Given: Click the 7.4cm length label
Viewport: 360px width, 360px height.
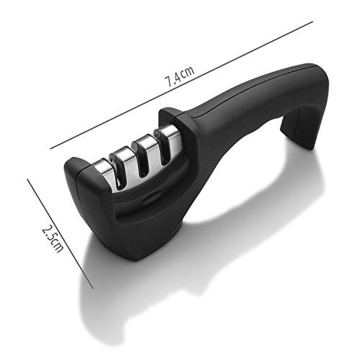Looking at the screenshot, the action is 179,76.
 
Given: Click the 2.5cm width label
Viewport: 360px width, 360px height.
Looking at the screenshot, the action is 53,238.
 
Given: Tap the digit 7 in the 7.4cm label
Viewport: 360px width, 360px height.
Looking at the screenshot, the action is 168,81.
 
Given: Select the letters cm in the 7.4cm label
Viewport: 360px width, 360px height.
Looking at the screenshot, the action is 188,71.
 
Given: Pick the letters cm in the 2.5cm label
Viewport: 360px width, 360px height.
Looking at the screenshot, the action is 57,246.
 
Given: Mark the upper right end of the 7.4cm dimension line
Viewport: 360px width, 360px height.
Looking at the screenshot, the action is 312,22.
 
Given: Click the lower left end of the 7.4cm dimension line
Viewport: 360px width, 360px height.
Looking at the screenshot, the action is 50,148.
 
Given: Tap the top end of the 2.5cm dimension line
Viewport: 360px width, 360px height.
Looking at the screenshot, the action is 27,179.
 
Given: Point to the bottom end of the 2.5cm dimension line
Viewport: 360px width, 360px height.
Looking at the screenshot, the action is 93,288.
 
